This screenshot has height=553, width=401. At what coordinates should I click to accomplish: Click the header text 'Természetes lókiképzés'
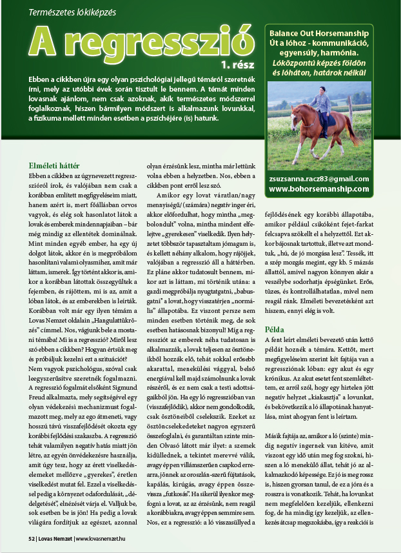pyautogui.click(x=70, y=12)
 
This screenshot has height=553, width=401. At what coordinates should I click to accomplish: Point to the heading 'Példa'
pyautogui.click(x=275, y=329)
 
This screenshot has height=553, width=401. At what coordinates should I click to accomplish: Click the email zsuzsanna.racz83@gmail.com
pyautogui.click(x=318, y=179)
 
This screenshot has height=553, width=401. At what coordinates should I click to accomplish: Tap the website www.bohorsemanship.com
pyautogui.click(x=318, y=189)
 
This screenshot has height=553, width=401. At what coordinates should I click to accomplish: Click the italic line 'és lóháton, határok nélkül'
pyautogui.click(x=318, y=73)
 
